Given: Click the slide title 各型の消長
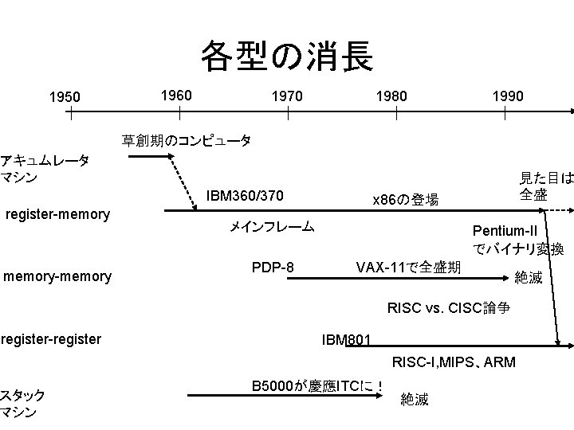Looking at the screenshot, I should coord(286,56).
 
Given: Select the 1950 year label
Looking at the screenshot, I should coord(65,97).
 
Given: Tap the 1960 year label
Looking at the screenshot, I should coord(175,96).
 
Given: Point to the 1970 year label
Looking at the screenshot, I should coord(287,96).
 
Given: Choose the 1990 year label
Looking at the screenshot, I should coord(507,96).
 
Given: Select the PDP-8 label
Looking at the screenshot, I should coord(273,266).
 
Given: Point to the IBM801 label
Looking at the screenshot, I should coord(345,340).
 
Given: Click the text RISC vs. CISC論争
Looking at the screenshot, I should coord(448,307).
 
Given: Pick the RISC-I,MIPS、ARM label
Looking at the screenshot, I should coord(454,363).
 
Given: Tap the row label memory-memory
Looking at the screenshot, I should coord(57,276).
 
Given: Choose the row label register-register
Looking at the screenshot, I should coord(51,339).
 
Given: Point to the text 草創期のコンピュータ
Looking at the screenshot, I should coord(187,141).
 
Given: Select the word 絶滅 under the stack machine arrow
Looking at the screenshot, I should coord(415,399).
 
